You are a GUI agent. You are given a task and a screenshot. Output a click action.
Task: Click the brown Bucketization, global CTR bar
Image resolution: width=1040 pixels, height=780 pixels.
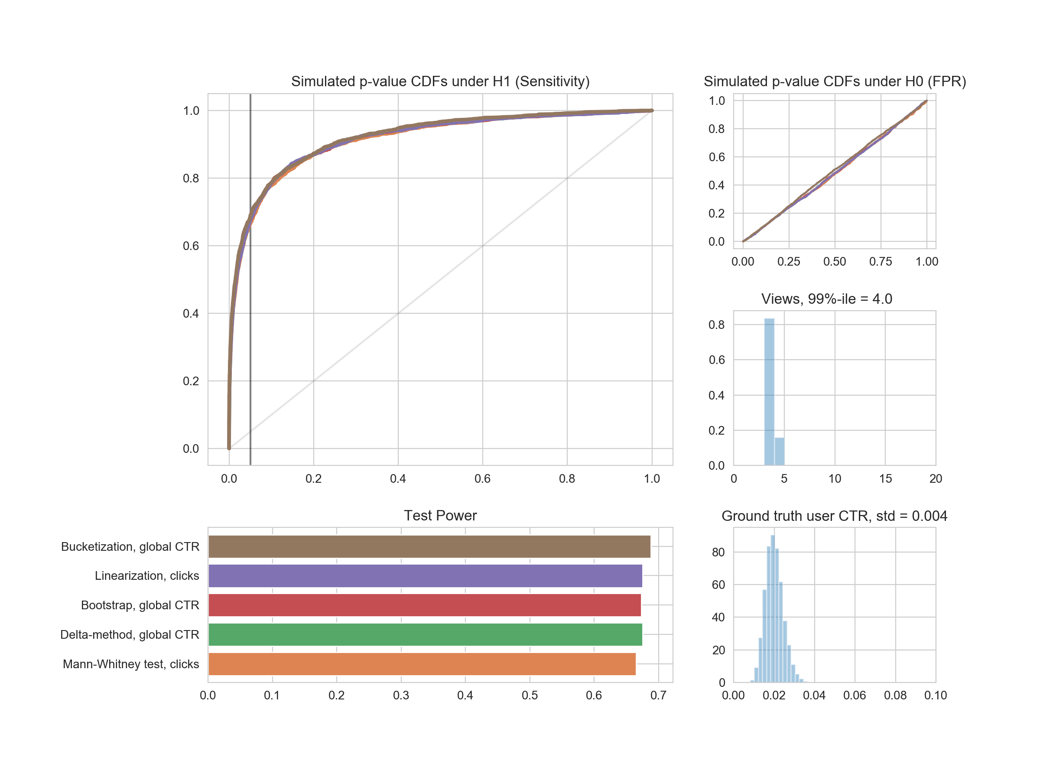point(429,546)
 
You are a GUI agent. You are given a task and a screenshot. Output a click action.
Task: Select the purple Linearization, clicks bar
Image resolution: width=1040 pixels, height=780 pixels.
point(425,575)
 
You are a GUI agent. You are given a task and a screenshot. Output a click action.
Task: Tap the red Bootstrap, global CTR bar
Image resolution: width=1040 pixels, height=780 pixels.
point(424,605)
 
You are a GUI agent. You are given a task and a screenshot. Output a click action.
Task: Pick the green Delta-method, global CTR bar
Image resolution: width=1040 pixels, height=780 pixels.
point(425,634)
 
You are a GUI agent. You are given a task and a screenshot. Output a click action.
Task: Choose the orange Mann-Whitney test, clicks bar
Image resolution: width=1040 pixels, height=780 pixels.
point(422,664)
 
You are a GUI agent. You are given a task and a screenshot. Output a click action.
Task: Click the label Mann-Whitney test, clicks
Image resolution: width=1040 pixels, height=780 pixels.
point(131,664)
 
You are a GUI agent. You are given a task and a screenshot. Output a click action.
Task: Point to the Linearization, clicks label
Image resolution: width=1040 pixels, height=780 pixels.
point(147,575)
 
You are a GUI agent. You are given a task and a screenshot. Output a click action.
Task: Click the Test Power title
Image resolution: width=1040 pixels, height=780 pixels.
point(440,515)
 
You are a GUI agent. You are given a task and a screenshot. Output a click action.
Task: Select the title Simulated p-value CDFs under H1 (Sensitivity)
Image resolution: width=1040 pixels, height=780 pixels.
point(440,81)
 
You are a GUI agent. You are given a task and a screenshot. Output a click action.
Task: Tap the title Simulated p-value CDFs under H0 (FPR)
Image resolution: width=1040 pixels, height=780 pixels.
point(835,81)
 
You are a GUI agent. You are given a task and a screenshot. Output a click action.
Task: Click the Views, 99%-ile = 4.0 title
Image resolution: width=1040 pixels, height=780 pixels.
point(826,299)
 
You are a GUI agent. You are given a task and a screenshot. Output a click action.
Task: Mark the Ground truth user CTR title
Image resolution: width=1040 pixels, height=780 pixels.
point(834,516)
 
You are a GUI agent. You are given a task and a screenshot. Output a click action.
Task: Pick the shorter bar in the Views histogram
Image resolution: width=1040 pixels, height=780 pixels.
point(780,451)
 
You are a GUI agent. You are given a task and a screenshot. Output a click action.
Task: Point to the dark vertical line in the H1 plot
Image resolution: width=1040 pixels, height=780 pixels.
point(250,329)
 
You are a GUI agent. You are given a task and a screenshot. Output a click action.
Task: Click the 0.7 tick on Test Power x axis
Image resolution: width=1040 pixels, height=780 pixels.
point(658,695)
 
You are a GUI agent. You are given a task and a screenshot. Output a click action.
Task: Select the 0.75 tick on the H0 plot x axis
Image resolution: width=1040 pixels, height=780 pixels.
point(881,261)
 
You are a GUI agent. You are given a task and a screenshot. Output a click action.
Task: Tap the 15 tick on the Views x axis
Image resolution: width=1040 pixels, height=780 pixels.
point(885,479)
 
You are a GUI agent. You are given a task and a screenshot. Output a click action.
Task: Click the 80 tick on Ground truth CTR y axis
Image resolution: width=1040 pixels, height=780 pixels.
point(718,552)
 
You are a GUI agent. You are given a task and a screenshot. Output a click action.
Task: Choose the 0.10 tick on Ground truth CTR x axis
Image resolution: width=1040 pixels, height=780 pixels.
point(935,695)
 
